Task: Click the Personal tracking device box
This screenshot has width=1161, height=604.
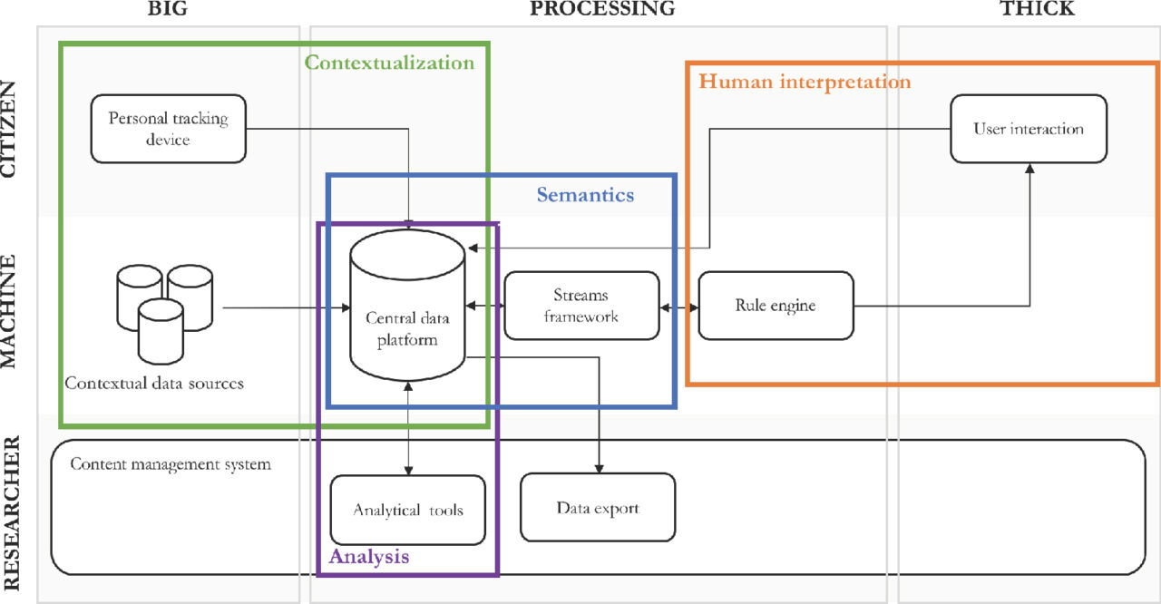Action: [169, 129]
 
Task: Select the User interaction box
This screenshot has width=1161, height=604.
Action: [1029, 129]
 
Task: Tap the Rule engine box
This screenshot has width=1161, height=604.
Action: [776, 306]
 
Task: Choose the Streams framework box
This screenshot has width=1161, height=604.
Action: [581, 306]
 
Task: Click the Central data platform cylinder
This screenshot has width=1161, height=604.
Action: [407, 306]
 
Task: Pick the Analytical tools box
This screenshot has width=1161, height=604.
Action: [408, 511]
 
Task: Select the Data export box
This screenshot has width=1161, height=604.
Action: [598, 508]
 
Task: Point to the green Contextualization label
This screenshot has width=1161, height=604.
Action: [389, 63]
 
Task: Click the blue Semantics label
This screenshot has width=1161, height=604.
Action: [585, 195]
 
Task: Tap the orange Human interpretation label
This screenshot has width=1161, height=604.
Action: [805, 82]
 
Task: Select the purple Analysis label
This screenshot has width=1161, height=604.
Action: [369, 556]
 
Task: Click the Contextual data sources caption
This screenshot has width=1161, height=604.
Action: [154, 384]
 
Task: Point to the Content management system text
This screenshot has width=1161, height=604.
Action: [171, 464]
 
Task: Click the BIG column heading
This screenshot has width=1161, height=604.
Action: [168, 8]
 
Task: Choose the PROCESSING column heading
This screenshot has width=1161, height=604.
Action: [602, 8]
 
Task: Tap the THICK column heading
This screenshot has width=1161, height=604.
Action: [1037, 8]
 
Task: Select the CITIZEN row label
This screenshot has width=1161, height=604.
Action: [9, 129]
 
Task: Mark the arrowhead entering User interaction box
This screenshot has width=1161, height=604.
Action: [1029, 169]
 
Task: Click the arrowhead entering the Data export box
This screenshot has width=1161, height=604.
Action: [600, 468]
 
